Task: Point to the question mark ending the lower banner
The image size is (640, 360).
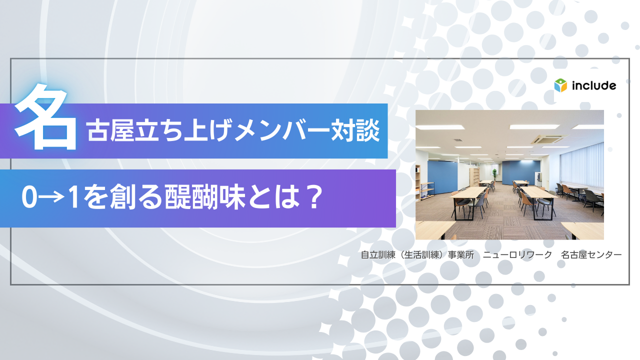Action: (x=312, y=199)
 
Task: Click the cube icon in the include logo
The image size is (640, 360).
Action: (x=560, y=85)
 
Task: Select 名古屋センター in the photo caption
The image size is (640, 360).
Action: (x=591, y=255)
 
